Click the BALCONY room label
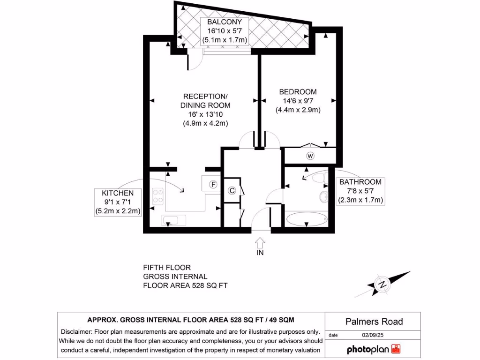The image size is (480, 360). [225, 22]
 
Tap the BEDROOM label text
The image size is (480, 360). [298, 92]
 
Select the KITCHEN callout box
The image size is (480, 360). [118, 202]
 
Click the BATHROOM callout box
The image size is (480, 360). [360, 191]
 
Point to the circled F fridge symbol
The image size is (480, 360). [213, 185]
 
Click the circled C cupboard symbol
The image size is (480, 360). [232, 190]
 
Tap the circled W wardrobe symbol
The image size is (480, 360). [310, 156]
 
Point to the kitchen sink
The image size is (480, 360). [174, 220]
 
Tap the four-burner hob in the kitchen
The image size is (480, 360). [157, 196]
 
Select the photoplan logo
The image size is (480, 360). [374, 349]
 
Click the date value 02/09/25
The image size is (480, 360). [373, 335]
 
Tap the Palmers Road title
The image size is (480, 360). [374, 322]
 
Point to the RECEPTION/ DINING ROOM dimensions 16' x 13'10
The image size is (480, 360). [205, 114]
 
